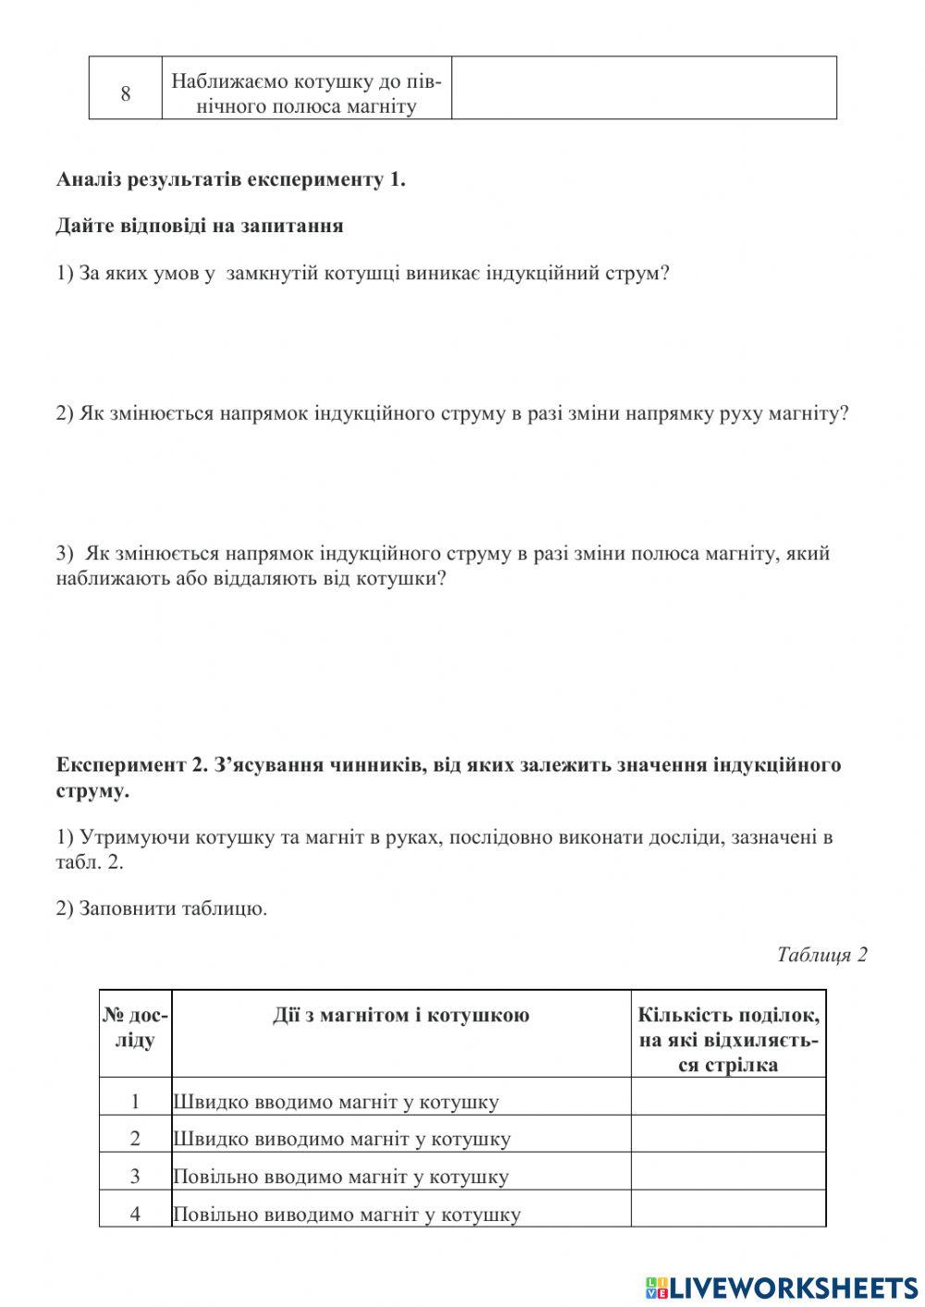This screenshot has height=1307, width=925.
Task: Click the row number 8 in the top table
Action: coord(126,93)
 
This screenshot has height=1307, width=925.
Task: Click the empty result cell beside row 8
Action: coord(644,88)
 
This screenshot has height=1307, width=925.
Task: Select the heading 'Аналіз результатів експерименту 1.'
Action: coord(230,179)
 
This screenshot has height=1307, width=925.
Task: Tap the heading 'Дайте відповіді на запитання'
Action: coord(199,226)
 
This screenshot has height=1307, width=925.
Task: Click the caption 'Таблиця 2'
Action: coord(821,955)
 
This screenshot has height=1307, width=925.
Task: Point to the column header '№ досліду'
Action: coord(135,1028)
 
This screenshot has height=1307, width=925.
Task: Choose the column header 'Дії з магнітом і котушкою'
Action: coord(401,1016)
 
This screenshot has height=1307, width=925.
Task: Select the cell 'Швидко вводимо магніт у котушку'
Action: coord(336,1102)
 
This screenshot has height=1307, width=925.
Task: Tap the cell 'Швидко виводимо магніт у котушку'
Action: coord(341,1139)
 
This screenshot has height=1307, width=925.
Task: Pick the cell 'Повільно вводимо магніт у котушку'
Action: coord(340,1177)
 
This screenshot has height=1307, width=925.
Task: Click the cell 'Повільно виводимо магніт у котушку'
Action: coord(346,1214)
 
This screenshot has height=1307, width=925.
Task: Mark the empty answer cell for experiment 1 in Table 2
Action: coord(728,1096)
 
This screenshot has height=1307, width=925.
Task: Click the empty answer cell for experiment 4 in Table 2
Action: coord(728,1208)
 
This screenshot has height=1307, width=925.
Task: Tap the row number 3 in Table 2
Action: coord(135,1177)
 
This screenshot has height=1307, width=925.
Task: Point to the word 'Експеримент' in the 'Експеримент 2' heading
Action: coord(121,765)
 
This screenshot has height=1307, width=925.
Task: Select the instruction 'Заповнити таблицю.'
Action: coord(173,908)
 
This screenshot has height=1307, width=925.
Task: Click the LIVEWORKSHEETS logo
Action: coord(781,1287)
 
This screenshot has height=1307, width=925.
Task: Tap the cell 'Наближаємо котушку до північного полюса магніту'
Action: coord(306,93)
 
